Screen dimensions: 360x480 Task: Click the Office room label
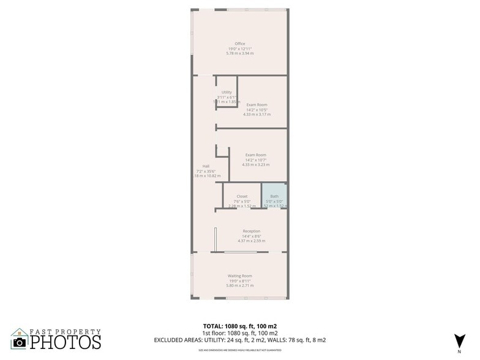240,43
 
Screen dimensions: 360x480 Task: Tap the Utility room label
227,92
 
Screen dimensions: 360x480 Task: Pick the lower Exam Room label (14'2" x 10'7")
255,160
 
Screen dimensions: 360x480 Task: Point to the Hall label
199,166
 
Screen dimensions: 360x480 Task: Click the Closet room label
242,197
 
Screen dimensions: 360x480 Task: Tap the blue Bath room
274,197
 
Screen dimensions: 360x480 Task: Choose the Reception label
252,231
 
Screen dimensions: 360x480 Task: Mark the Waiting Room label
240,276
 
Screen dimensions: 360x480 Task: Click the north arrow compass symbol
457,340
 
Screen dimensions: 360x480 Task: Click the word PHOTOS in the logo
66,341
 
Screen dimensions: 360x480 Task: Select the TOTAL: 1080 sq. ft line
240,326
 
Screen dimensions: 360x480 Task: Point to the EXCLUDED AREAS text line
240,340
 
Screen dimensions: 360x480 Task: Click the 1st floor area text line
240,333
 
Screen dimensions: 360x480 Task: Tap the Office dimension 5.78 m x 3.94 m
240,53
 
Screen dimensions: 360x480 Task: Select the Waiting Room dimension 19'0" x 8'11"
240,280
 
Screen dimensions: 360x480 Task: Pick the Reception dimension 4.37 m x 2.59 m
252,241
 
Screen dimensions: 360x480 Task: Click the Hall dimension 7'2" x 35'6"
200,171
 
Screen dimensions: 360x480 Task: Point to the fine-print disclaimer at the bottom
240,350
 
